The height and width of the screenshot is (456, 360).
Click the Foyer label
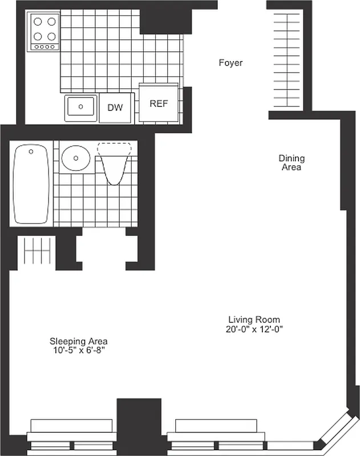(x=230, y=63)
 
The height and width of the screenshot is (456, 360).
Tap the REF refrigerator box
(x=158, y=104)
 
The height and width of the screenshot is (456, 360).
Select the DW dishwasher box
(x=115, y=107)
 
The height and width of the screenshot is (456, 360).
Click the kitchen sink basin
(x=81, y=107)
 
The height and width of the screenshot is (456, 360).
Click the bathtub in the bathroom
(x=31, y=184)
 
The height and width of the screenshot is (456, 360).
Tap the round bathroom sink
(x=76, y=158)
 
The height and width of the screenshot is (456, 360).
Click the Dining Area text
(x=291, y=162)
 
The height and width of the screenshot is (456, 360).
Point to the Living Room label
(x=254, y=320)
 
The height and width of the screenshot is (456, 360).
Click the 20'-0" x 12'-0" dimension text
(x=254, y=329)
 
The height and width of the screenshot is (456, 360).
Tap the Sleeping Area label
(x=78, y=341)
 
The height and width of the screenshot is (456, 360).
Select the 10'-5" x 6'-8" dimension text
(x=78, y=351)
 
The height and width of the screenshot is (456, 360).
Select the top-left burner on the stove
(x=39, y=23)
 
